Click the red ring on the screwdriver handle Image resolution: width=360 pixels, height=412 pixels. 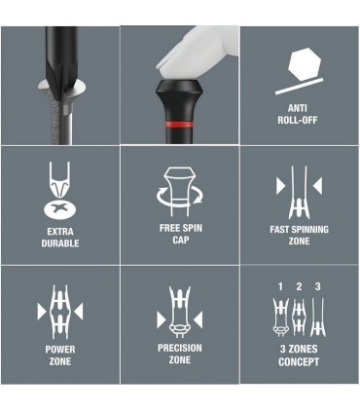pyautogui.click(x=179, y=125)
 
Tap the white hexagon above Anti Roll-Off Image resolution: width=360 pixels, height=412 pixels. pyautogui.click(x=305, y=64)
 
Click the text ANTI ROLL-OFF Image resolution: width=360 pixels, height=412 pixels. pyautogui.click(x=298, y=114)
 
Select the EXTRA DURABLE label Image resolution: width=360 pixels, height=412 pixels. pyautogui.click(x=60, y=238)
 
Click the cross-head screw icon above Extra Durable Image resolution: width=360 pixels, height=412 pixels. pyautogui.click(x=60, y=209)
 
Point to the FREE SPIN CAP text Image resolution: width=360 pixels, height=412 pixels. pyautogui.click(x=181, y=234)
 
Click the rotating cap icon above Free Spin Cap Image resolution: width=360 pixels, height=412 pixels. pyautogui.click(x=179, y=192)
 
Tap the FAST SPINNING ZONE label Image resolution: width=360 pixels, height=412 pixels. pyautogui.click(x=299, y=235)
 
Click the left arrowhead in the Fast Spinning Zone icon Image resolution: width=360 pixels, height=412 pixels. pyautogui.click(x=280, y=186)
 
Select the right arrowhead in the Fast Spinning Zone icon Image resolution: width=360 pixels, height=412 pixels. pyautogui.click(x=318, y=186)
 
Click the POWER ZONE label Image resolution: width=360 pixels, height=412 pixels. pyautogui.click(x=60, y=356)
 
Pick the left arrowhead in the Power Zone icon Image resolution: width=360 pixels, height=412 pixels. pyautogui.click(x=42, y=312)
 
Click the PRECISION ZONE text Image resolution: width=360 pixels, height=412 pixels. pyautogui.click(x=180, y=354)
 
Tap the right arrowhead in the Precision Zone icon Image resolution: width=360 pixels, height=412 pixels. pyautogui.click(x=198, y=319)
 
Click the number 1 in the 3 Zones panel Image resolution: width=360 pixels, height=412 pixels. pyautogui.click(x=280, y=286)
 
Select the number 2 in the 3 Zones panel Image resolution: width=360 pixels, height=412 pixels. pyautogui.click(x=299, y=286)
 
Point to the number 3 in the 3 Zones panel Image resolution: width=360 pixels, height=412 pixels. pyautogui.click(x=318, y=286)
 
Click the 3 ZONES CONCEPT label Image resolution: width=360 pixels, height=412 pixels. pyautogui.click(x=299, y=356)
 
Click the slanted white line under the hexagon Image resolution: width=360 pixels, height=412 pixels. pyautogui.click(x=299, y=86)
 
